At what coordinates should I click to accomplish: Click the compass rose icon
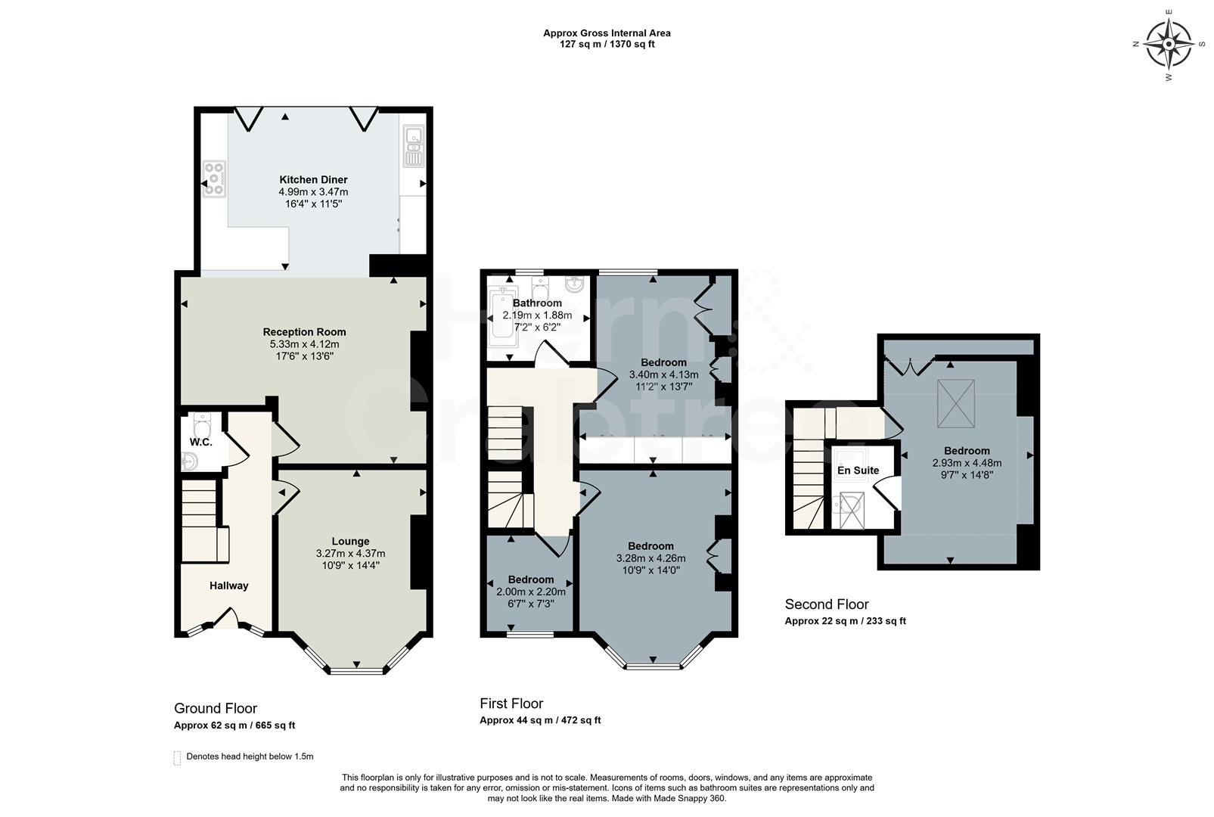tap(1169, 44)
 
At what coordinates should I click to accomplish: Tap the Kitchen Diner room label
tap(313, 180)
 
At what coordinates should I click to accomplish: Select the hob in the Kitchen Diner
tap(214, 179)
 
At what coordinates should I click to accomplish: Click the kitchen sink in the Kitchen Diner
tap(413, 147)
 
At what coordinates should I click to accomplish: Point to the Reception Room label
tap(304, 332)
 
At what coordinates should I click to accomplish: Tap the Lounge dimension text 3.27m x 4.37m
tap(350, 554)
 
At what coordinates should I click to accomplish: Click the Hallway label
tap(228, 586)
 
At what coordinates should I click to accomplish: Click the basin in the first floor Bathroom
tap(576, 284)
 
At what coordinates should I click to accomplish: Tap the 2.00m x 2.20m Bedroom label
tap(530, 580)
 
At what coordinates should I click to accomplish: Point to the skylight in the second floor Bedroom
tap(956, 402)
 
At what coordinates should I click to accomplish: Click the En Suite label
tap(858, 471)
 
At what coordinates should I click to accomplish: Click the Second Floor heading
tap(827, 604)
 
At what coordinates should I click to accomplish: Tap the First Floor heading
tap(511, 704)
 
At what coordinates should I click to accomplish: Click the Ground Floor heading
tap(216, 709)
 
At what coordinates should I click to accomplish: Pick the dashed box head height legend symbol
tap(178, 757)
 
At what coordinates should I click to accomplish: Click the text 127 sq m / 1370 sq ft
tap(607, 44)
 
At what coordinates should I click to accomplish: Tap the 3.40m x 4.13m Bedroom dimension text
tap(663, 374)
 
